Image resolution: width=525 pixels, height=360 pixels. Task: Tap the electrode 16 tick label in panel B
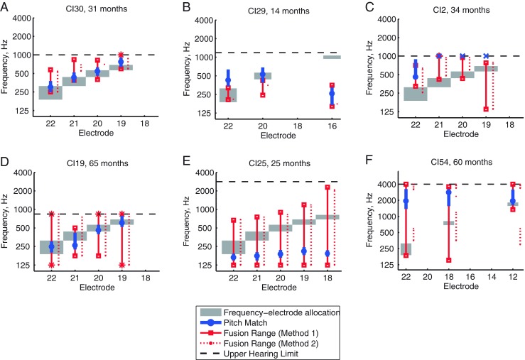pyautogui.click(x=332, y=125)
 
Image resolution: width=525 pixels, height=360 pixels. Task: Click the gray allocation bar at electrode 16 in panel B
pyautogui.click(x=332, y=57)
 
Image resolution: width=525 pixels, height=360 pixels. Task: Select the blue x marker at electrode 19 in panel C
pyautogui.click(x=487, y=56)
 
